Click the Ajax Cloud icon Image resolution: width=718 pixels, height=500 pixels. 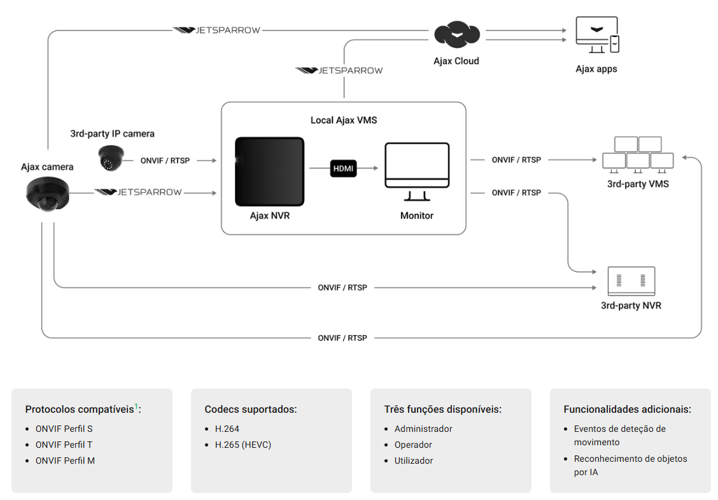point(456,34)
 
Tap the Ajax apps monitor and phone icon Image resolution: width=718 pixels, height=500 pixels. point(597,35)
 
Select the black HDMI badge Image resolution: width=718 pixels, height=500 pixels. point(343,168)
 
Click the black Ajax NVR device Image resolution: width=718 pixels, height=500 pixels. point(269,171)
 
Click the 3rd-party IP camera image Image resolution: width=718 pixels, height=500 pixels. point(111,158)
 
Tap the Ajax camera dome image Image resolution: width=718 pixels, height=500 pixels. point(47,194)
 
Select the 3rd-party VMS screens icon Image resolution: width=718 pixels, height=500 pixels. point(638,155)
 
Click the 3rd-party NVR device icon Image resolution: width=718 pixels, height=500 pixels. point(631,281)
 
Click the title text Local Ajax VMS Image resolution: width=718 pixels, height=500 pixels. point(344,120)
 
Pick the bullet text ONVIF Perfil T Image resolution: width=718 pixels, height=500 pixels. point(64,445)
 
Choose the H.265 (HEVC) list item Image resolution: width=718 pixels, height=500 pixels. point(243,445)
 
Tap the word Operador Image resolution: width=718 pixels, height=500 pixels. point(413,445)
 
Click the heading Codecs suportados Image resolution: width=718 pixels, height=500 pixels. point(251,409)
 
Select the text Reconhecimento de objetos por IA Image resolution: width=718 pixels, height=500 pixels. point(631,465)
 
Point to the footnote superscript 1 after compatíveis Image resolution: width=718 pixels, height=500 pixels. point(136,406)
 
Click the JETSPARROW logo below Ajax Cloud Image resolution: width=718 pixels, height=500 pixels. point(339,70)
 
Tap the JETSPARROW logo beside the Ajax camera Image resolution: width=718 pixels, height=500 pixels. point(138,192)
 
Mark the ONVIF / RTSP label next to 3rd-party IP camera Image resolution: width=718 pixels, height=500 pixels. point(165,161)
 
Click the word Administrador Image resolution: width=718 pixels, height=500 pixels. point(423,429)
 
